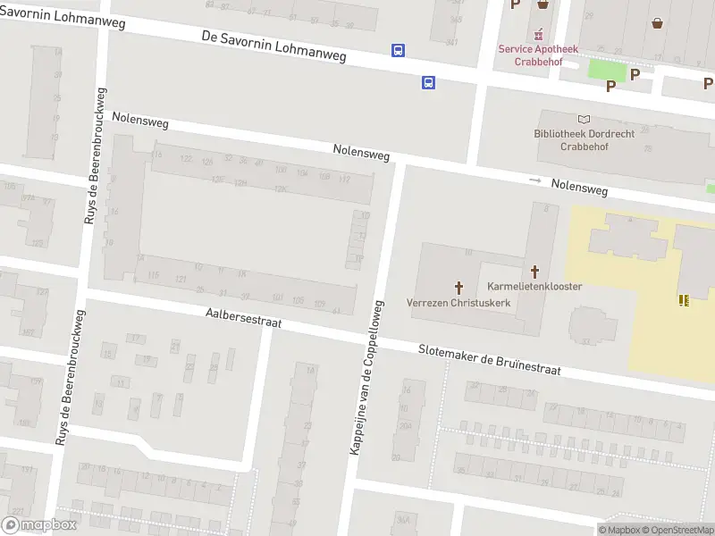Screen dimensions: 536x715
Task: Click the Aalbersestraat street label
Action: tap(243, 317)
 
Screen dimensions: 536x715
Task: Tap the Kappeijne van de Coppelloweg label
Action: tap(366, 377)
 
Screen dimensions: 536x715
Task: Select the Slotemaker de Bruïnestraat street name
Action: tap(489, 360)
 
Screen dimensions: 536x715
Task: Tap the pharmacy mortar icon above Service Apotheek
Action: tap(538, 35)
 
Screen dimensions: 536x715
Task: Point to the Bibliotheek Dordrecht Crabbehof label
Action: tap(584, 140)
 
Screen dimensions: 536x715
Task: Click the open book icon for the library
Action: tap(585, 120)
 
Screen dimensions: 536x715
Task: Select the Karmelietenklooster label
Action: tap(534, 287)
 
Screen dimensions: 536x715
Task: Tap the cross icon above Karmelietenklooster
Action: tap(535, 271)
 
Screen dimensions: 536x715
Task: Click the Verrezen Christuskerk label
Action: tap(458, 303)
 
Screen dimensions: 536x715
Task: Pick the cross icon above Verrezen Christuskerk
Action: tap(459, 287)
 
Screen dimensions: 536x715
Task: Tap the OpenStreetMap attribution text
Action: tap(677, 531)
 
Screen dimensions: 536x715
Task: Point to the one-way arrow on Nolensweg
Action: tap(535, 180)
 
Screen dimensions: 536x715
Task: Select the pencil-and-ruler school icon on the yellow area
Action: tap(684, 300)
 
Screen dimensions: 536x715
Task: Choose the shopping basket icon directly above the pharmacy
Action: tap(543, 4)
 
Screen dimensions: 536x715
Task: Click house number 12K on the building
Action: tap(280, 188)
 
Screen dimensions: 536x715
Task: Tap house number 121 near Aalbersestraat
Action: tap(181, 280)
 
